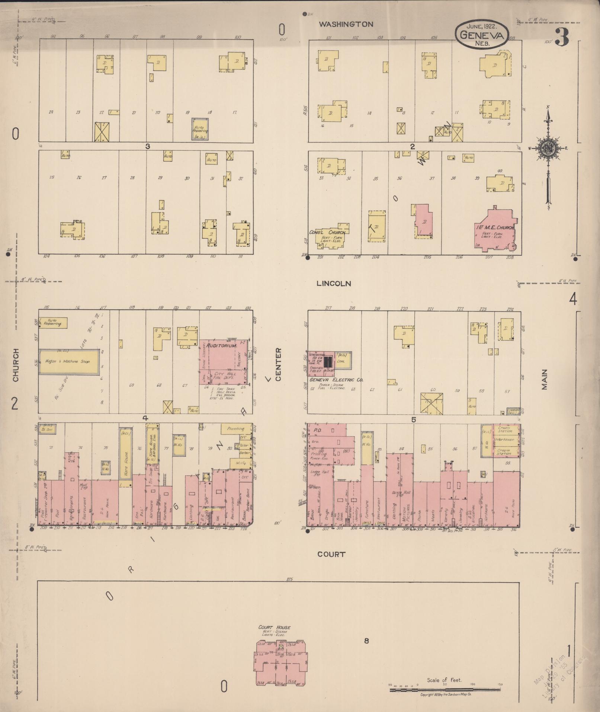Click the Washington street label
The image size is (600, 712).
pos(346,24)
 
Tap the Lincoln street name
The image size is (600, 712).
pos(334,284)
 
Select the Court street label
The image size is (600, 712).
pos(331,554)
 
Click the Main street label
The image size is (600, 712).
pos(545,379)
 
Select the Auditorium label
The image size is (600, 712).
pos(222,346)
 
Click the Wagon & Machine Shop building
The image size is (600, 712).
pos(69,361)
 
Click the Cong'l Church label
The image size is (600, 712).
pos(327,232)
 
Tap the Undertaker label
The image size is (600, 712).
pos(504,440)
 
